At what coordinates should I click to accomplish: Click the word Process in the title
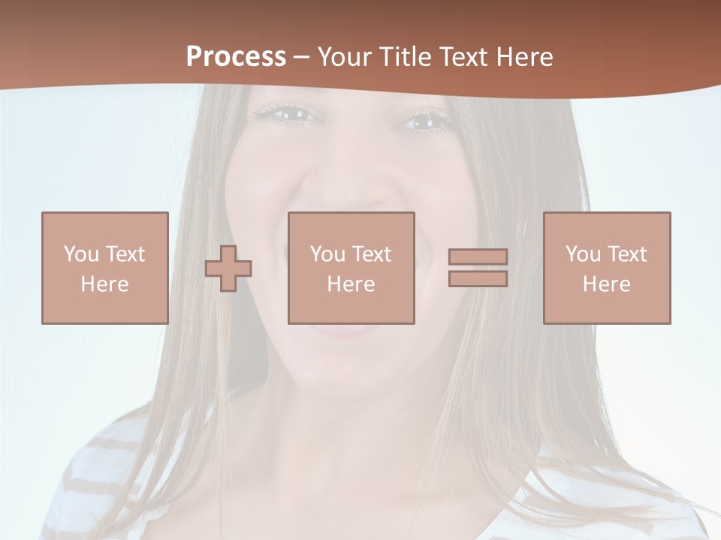pyautogui.click(x=236, y=57)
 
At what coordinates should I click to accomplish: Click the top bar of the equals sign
pyautogui.click(x=478, y=257)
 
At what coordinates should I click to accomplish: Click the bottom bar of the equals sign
pyautogui.click(x=478, y=279)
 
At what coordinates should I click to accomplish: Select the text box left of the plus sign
pyautogui.click(x=104, y=268)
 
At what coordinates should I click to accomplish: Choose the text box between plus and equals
pyautogui.click(x=351, y=268)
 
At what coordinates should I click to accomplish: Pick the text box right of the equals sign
pyautogui.click(x=607, y=268)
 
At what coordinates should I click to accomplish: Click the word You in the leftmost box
pyautogui.click(x=81, y=254)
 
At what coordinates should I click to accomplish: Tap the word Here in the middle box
pyautogui.click(x=351, y=284)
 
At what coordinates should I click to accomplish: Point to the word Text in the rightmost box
pyautogui.click(x=626, y=254)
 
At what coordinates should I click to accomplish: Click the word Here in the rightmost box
pyautogui.click(x=607, y=284)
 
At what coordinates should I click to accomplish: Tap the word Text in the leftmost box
pyautogui.click(x=125, y=254)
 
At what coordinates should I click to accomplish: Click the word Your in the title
pyautogui.click(x=345, y=57)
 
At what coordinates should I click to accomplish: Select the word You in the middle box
pyautogui.click(x=327, y=254)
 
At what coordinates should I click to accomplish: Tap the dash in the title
pyautogui.click(x=301, y=58)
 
